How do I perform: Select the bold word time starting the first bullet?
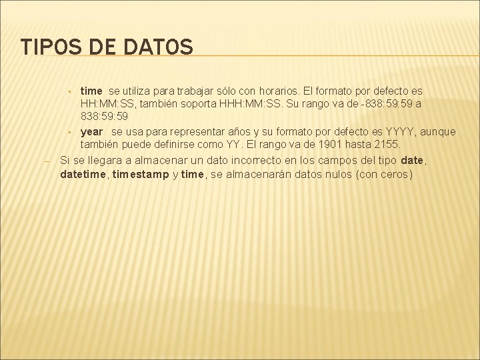tap(91, 90)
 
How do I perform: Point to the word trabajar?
tap(199, 90)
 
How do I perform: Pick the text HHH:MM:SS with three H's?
tap(248, 103)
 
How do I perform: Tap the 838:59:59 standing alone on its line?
tap(105, 117)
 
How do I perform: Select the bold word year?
tap(92, 131)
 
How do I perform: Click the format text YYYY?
tap(402, 131)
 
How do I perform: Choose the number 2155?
tap(385, 145)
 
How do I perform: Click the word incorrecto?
tap(258, 160)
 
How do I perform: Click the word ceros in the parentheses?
tap(391, 175)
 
